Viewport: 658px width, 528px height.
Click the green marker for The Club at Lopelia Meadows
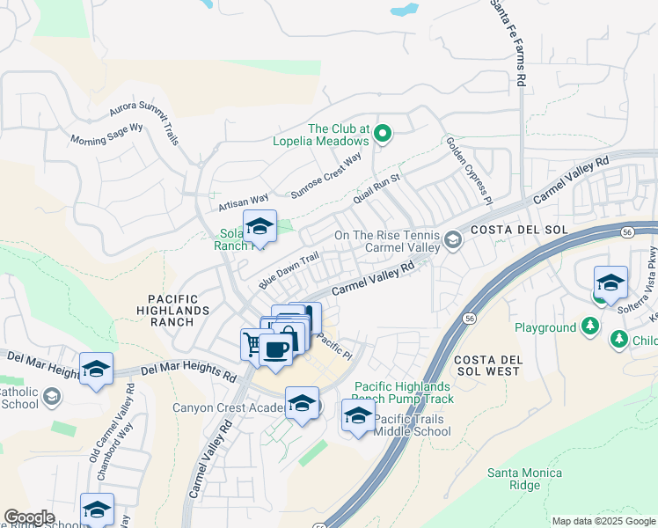(x=383, y=134)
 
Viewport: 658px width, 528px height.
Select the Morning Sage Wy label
(x=106, y=135)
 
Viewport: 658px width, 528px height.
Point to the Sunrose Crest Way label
(x=326, y=177)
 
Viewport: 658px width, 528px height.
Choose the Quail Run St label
(x=377, y=189)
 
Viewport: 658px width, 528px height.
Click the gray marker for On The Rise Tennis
(x=452, y=240)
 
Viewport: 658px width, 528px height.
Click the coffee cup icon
(x=275, y=349)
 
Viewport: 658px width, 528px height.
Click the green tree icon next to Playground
(x=590, y=327)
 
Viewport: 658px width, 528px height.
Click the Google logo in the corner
(x=29, y=517)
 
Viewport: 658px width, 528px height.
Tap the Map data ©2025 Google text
(x=604, y=521)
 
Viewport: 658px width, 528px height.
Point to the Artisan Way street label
(x=244, y=203)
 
